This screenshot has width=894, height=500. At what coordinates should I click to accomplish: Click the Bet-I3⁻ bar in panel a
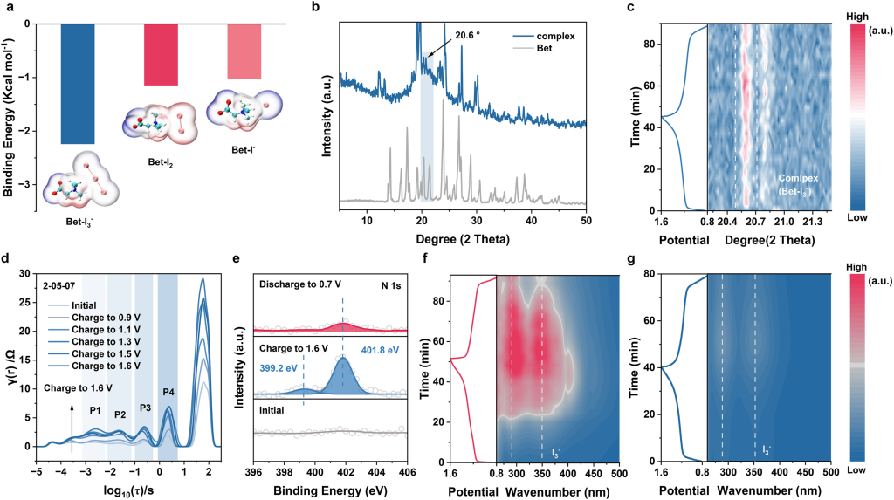pyautogui.click(x=78, y=83)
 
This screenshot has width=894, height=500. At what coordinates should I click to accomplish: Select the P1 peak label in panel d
pyautogui.click(x=95, y=410)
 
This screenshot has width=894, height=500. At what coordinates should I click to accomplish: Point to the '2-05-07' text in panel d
pyautogui.click(x=57, y=284)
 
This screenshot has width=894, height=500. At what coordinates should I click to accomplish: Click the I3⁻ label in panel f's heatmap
pyautogui.click(x=557, y=452)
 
